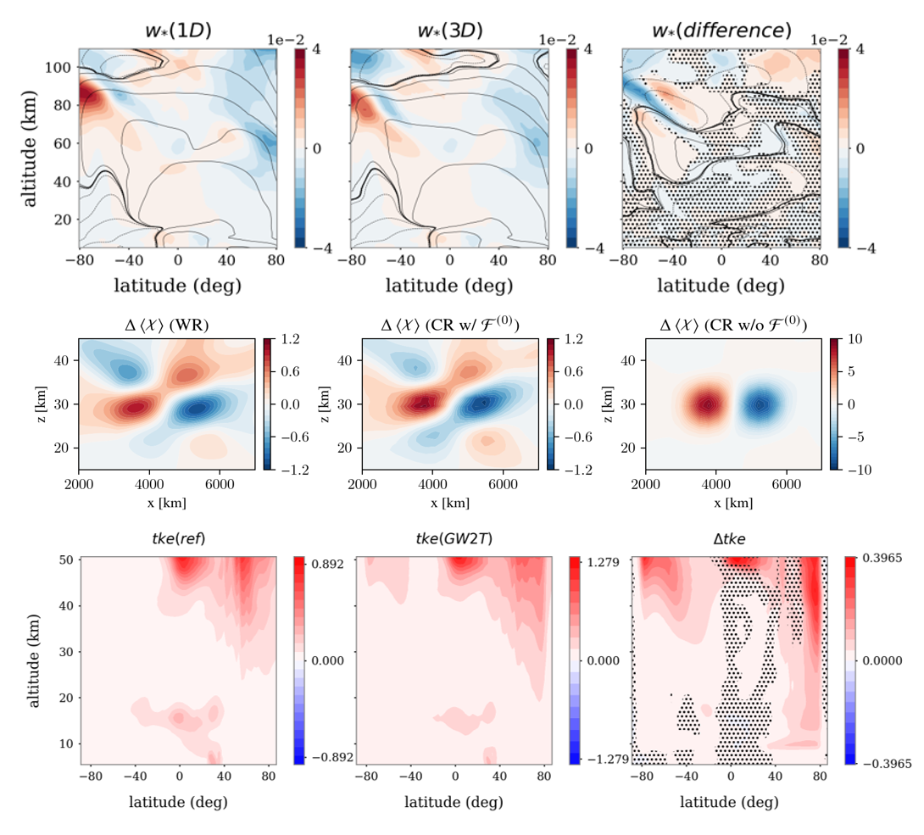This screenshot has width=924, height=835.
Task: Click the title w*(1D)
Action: (x=178, y=31)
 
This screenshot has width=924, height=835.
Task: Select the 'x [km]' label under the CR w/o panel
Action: (x=733, y=502)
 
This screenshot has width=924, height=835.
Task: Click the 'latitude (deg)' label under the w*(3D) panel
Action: (x=449, y=286)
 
